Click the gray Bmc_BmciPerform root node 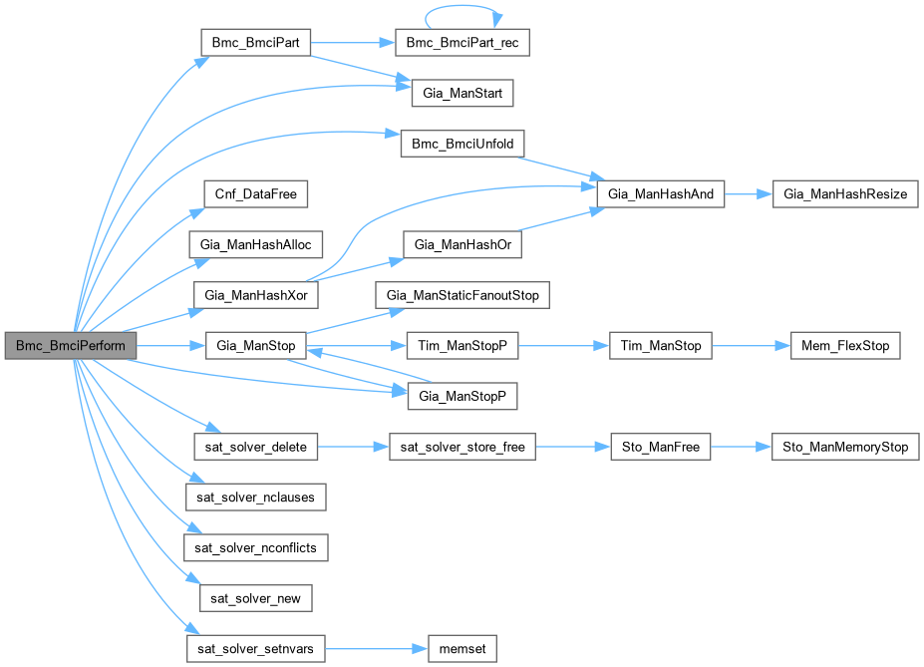[x=70, y=346]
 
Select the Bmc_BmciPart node [x=256, y=44]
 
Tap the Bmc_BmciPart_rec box [x=462, y=44]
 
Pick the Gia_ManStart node [x=462, y=94]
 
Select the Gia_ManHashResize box [x=845, y=194]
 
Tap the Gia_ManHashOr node [x=462, y=244]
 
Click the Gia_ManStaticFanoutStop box [x=462, y=295]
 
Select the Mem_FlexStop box [x=845, y=346]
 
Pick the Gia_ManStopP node [x=462, y=397]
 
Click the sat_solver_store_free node [x=462, y=448]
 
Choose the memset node [x=462, y=648]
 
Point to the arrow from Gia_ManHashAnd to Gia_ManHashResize [x=749, y=194]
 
